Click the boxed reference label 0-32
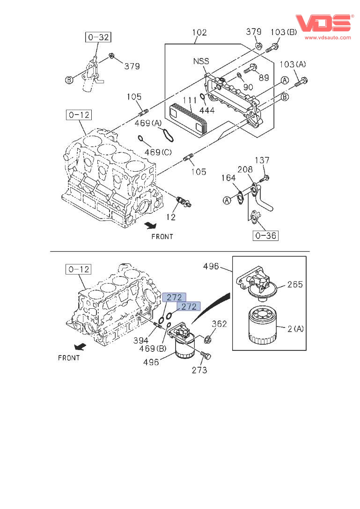tap(98, 36)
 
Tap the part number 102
tap(199, 33)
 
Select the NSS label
tap(201, 61)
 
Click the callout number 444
tap(206, 110)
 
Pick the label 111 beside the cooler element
tap(190, 100)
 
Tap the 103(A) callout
tap(293, 64)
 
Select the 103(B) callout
tap(284, 32)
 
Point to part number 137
tap(263, 160)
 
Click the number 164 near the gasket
tap(228, 178)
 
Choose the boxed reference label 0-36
tap(265, 235)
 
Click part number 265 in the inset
tap(295, 284)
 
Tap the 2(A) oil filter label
tap(295, 328)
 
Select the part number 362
tap(219, 324)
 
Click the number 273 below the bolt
tap(199, 370)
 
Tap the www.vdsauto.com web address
tap(328, 37)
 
